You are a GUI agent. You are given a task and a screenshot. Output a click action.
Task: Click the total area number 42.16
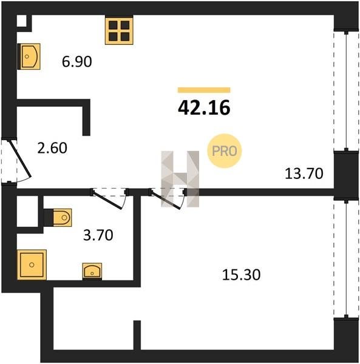(204, 108)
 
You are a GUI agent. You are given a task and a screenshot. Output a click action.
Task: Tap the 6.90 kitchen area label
(77, 62)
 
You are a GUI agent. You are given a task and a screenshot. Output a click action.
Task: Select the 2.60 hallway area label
(52, 148)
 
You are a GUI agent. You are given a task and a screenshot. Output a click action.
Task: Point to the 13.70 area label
(304, 174)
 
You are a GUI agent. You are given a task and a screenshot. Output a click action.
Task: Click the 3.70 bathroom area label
(98, 235)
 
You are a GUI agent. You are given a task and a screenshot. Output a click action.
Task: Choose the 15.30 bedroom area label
(242, 275)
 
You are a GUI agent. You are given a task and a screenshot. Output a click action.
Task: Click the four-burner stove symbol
(119, 31)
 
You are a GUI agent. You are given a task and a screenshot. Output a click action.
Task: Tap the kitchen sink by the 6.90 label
(29, 56)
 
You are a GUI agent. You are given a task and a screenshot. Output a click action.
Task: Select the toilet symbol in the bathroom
(62, 218)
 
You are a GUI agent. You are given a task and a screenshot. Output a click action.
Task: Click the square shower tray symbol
(32, 265)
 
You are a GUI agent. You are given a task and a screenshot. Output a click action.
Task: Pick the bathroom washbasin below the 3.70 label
(92, 271)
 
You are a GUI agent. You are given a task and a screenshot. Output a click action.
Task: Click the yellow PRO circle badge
(225, 151)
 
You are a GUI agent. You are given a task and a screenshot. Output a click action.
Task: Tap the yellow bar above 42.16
(204, 90)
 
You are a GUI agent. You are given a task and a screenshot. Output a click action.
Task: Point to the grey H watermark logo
(180, 179)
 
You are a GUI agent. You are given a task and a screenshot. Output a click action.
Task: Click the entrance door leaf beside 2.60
(20, 158)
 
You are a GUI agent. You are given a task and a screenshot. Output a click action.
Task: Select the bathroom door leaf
(107, 199)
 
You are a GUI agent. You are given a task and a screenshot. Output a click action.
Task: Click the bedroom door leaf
(165, 199)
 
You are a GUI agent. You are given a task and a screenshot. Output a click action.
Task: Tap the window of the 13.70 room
(346, 91)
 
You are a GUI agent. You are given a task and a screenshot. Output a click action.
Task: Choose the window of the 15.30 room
(346, 259)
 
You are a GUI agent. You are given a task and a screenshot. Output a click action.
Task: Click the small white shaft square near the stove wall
(22, 21)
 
